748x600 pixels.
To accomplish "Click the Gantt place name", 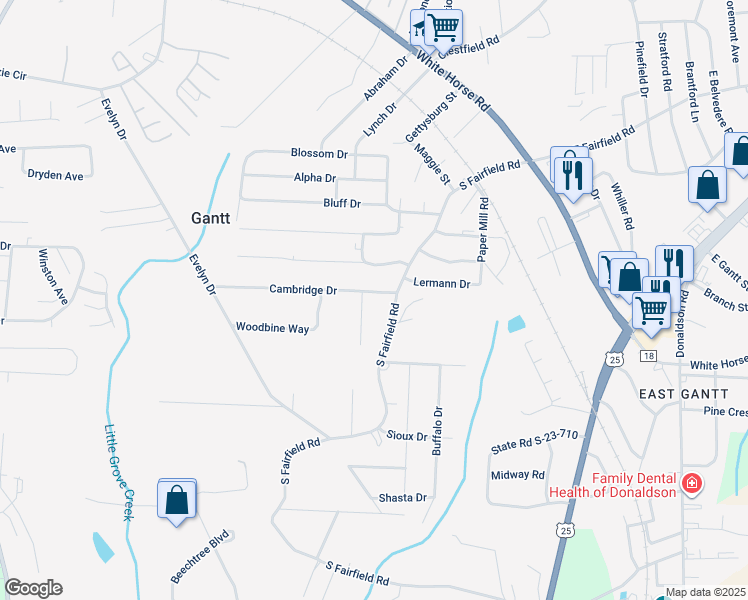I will click(x=211, y=217).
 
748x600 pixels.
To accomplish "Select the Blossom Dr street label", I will click(x=318, y=154).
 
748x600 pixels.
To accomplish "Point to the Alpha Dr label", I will click(x=315, y=178).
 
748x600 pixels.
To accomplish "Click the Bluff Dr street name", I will click(x=341, y=204).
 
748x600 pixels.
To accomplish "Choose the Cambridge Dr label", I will click(x=303, y=290).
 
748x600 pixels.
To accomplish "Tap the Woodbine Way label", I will click(x=272, y=327).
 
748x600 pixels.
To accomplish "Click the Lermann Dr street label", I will click(x=441, y=284).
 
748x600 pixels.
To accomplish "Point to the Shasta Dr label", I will click(x=403, y=497).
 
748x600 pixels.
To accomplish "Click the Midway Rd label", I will click(x=517, y=475).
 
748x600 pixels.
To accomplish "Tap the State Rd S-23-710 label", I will click(x=534, y=434).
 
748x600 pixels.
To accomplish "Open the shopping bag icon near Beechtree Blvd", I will click(x=177, y=501).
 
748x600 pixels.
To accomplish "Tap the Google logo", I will click(x=33, y=588).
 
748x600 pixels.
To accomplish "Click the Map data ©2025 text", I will click(x=705, y=593).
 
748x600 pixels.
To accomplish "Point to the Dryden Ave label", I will click(x=55, y=174).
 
